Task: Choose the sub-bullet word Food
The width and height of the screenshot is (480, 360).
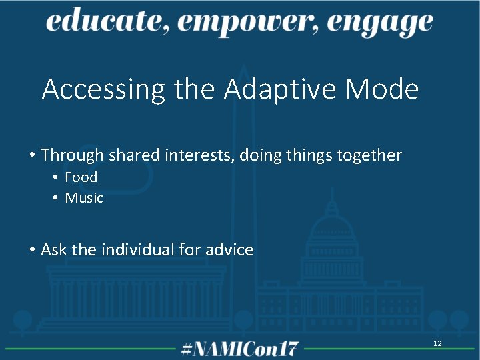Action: point(81,177)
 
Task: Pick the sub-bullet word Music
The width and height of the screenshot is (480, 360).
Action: point(84,198)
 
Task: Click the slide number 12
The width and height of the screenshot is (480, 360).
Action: point(437,343)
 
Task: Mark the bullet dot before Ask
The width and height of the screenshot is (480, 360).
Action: point(32,251)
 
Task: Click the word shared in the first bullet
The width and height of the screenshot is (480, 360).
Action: point(133,155)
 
